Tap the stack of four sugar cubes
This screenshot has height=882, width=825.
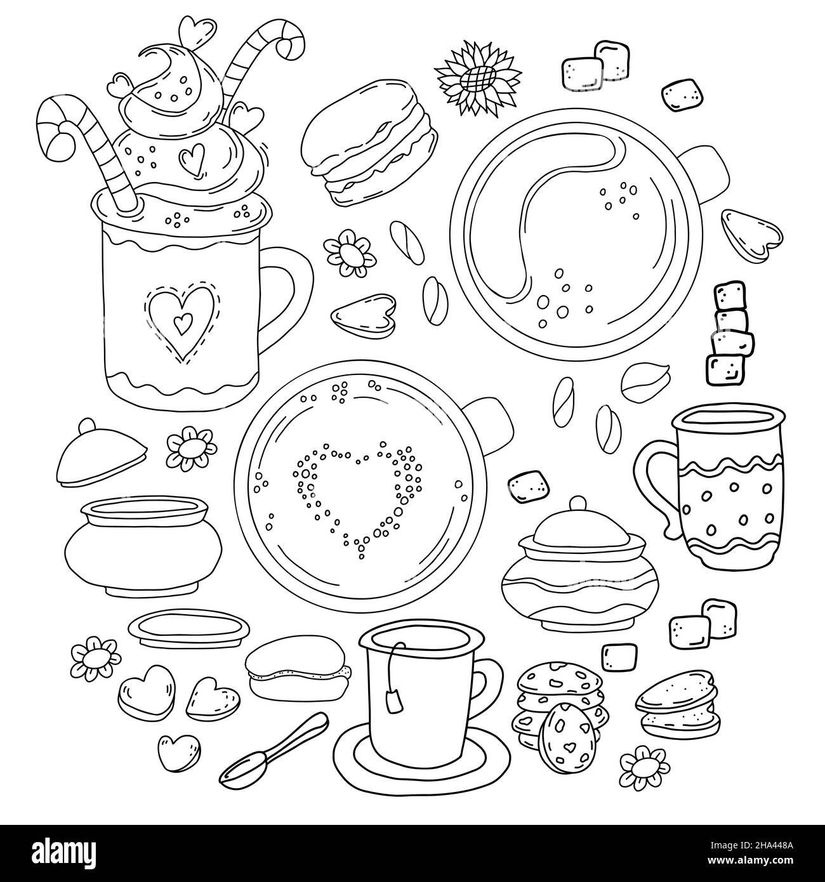tap(723, 332)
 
